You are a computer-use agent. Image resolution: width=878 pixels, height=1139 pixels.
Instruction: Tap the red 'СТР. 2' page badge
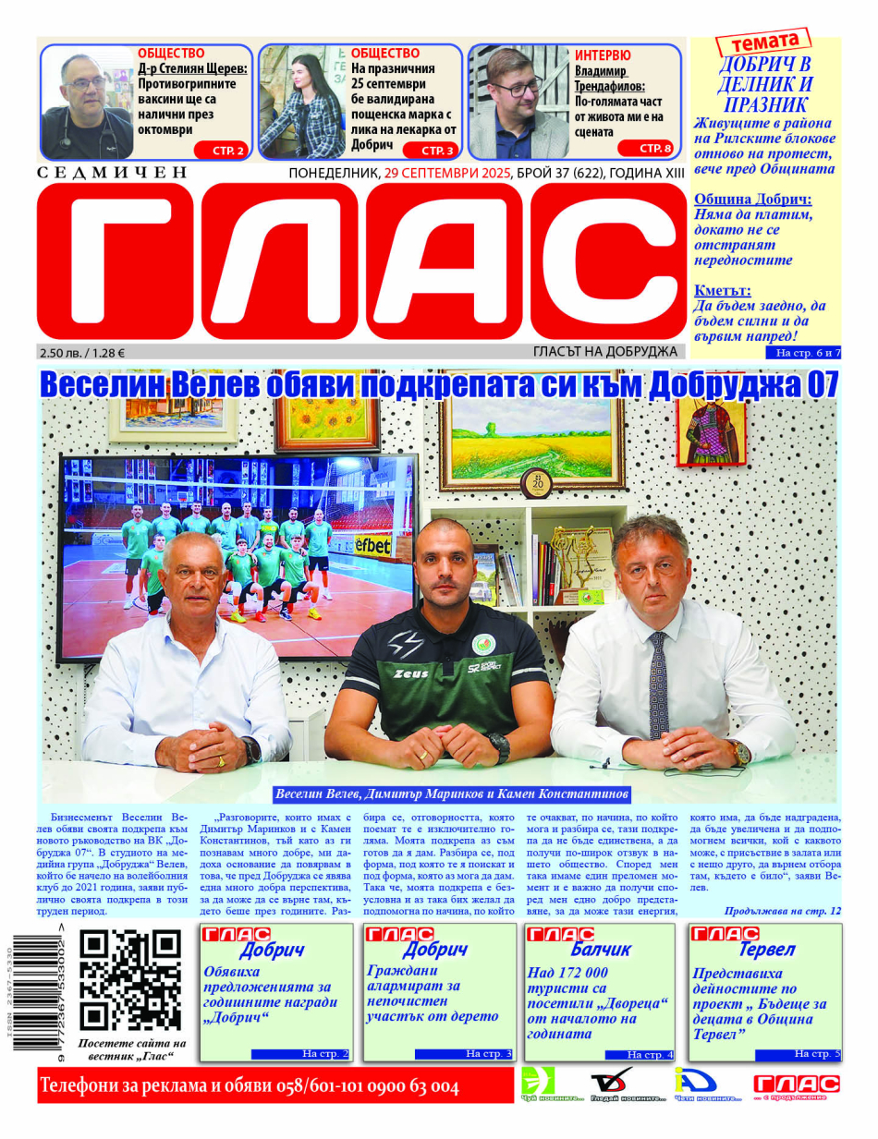pyautogui.click(x=222, y=150)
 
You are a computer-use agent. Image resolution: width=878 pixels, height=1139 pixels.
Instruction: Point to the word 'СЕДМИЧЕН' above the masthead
pyautogui.click(x=113, y=173)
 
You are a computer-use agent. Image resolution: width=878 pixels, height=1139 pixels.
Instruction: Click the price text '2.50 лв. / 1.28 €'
pyautogui.click(x=84, y=352)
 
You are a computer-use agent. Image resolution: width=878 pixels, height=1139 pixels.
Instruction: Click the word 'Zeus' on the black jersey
pyautogui.click(x=410, y=673)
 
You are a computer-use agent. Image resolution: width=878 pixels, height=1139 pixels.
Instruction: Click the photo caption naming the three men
pyautogui.click(x=452, y=794)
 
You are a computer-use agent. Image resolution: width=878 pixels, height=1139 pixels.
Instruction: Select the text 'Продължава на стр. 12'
pyautogui.click(x=782, y=911)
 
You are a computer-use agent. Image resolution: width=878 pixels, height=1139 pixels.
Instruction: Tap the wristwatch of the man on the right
pyautogui.click(x=739, y=751)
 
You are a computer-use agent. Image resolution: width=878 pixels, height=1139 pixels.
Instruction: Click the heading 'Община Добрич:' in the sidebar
pyautogui.click(x=752, y=199)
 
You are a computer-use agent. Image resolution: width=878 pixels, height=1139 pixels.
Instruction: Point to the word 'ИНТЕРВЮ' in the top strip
pyautogui.click(x=603, y=55)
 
